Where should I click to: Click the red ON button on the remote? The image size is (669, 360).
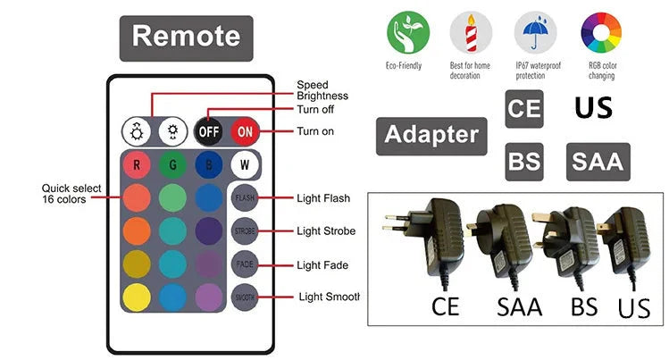[x=245, y=131]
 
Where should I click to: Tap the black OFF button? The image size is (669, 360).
[x=208, y=131]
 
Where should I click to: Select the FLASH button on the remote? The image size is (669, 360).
[x=245, y=197]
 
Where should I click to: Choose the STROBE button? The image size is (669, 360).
[x=245, y=230]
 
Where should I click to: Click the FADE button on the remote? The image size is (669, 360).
[x=245, y=264]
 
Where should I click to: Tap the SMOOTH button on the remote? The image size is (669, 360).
[x=245, y=297]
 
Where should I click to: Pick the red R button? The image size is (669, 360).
[x=137, y=165]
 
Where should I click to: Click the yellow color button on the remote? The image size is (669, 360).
[x=137, y=297]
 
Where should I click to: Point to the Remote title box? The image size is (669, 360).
[x=186, y=38]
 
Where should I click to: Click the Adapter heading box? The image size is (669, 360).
[x=431, y=136]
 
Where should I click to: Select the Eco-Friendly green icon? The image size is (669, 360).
[x=407, y=34]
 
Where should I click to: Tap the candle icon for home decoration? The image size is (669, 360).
[x=472, y=34]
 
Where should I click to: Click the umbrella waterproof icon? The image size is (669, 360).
[x=536, y=34]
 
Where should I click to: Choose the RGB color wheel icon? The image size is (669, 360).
[x=601, y=34]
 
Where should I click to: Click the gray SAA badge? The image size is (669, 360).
[x=598, y=163]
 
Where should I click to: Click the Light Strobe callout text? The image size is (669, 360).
[x=326, y=231]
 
